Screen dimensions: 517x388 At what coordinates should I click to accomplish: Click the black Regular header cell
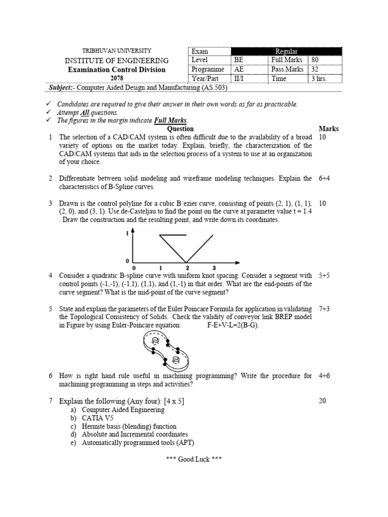[286, 51]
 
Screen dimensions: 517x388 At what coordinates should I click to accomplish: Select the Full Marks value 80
[316, 60]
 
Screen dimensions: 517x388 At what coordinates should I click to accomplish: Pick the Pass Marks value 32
[316, 69]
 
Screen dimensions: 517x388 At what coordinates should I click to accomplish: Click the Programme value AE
[238, 69]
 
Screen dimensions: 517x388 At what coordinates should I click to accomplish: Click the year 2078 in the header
[116, 78]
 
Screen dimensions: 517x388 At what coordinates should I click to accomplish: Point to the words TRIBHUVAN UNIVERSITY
[116, 51]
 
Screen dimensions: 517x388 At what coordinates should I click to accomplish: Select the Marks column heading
[329, 129]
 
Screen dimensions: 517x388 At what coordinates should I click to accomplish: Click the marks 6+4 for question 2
[324, 178]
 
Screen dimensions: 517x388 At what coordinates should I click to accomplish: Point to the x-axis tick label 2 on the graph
[187, 267]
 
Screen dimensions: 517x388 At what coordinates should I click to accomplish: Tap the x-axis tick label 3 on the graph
[214, 267]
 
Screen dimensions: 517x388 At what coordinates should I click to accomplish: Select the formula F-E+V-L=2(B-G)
[233, 325]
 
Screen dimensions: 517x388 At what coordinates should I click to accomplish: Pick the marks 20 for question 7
[323, 401]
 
